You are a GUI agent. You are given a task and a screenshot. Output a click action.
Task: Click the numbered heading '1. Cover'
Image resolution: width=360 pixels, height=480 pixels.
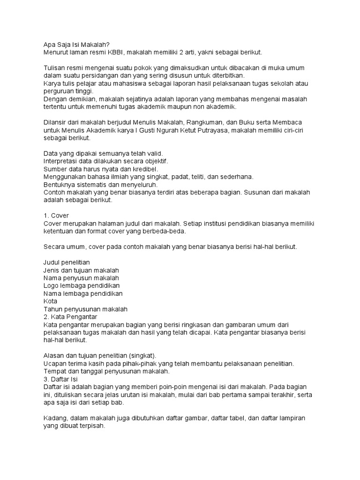click(56, 216)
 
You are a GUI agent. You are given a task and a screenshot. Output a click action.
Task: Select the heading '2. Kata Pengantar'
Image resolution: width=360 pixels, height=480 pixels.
click(70, 316)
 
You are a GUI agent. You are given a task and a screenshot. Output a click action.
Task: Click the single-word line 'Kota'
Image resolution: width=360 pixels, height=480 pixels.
click(50, 301)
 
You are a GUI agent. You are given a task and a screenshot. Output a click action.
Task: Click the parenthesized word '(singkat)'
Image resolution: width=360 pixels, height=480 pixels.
click(141, 355)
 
